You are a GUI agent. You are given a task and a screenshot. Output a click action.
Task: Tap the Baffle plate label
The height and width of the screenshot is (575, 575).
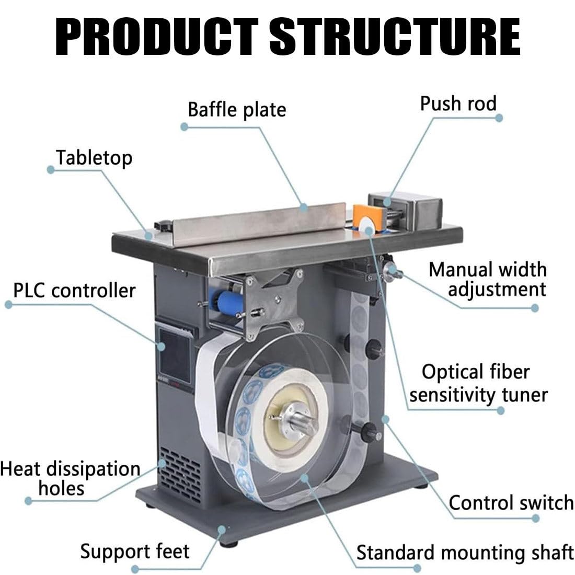click(237, 110)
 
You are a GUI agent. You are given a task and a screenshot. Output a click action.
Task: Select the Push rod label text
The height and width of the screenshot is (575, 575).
click(458, 103)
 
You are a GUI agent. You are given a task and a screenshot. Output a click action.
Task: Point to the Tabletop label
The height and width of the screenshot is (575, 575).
click(94, 158)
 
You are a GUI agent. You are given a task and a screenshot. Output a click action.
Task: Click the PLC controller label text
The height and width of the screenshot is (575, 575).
click(74, 291)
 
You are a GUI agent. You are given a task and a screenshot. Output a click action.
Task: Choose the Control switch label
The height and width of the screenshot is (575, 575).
click(511, 503)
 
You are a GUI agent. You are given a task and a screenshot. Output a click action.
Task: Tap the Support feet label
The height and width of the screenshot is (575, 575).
click(134, 551)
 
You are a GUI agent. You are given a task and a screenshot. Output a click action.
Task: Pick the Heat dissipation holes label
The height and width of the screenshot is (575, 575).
click(70, 478)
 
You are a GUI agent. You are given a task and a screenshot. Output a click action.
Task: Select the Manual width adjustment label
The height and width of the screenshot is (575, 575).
click(488, 280)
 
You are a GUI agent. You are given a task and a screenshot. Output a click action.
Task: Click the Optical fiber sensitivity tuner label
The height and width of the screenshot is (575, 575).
click(478, 383)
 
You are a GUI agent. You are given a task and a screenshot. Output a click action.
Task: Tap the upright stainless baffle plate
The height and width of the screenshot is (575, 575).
click(259, 223)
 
